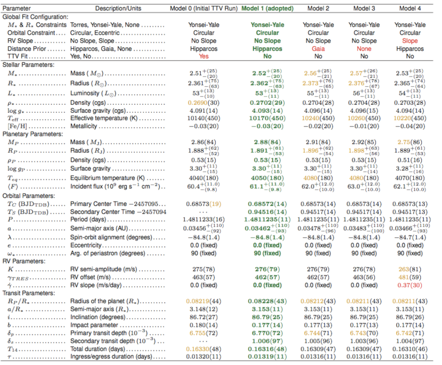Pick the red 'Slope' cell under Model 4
click(410, 40)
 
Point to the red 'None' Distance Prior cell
click(364, 48)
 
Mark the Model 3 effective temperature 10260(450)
click(364, 118)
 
